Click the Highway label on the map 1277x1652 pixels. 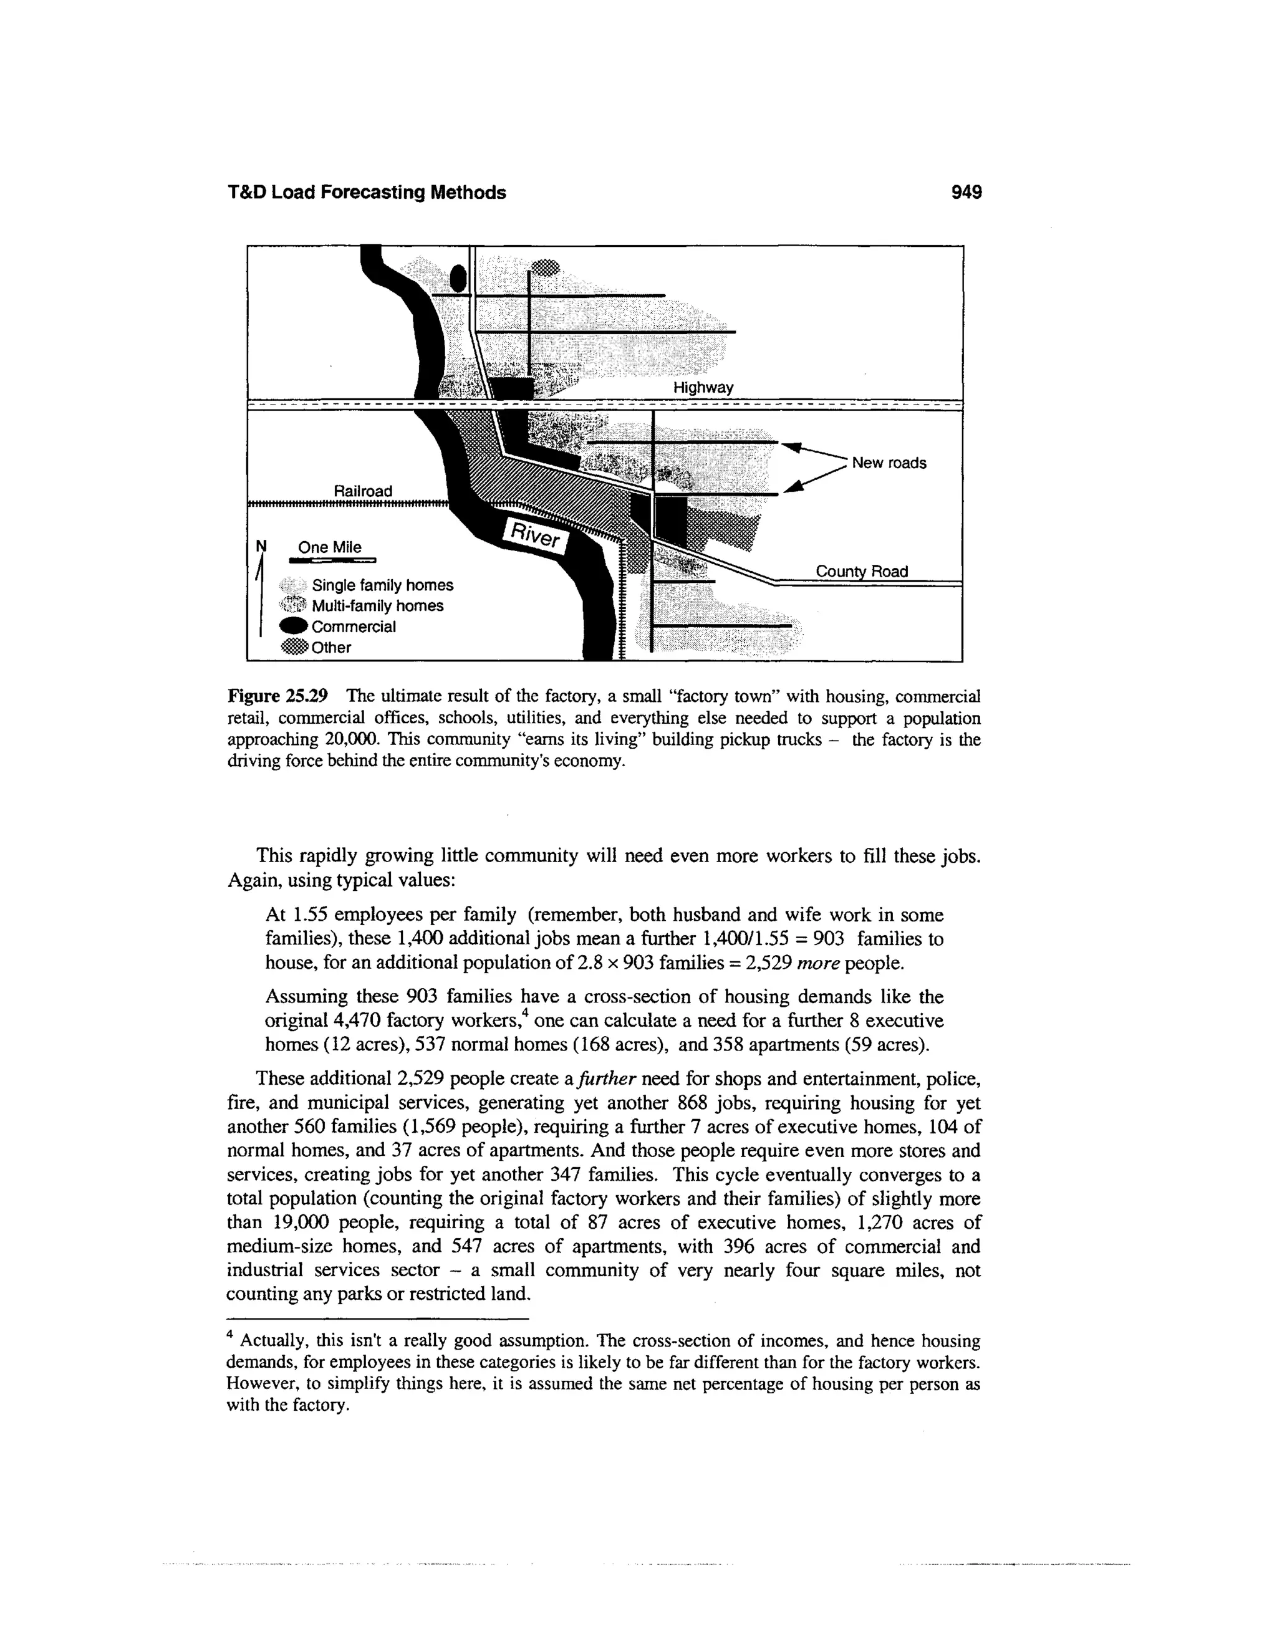click(x=703, y=388)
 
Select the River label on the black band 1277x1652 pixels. click(x=536, y=535)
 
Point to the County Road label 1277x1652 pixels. click(x=861, y=571)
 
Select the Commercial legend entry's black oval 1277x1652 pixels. click(x=294, y=627)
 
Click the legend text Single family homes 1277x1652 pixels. click(x=382, y=585)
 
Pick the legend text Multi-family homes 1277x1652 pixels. click(x=377, y=606)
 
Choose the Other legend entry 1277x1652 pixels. click(x=330, y=648)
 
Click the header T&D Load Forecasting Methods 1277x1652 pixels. click(x=367, y=193)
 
